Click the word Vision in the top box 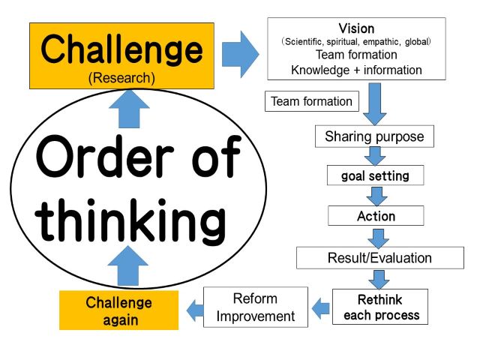coord(356,28)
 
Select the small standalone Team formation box coord(312,101)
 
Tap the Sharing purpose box coord(374,136)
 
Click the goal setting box coord(375,175)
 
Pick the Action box coord(376,216)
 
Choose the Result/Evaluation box coord(380,258)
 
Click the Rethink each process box coord(380,307)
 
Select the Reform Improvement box coord(256,307)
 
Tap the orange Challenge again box coord(118,310)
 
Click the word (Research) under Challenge coord(121,78)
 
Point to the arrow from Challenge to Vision coord(240,54)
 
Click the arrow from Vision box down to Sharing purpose coord(375,104)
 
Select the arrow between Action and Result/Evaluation coord(378,238)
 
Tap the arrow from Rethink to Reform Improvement coord(320,308)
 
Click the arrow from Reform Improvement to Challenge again coord(195,310)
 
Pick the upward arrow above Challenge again coord(128,265)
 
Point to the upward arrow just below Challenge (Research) coord(129,109)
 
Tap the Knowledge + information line coord(356,70)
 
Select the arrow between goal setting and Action coord(376,196)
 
